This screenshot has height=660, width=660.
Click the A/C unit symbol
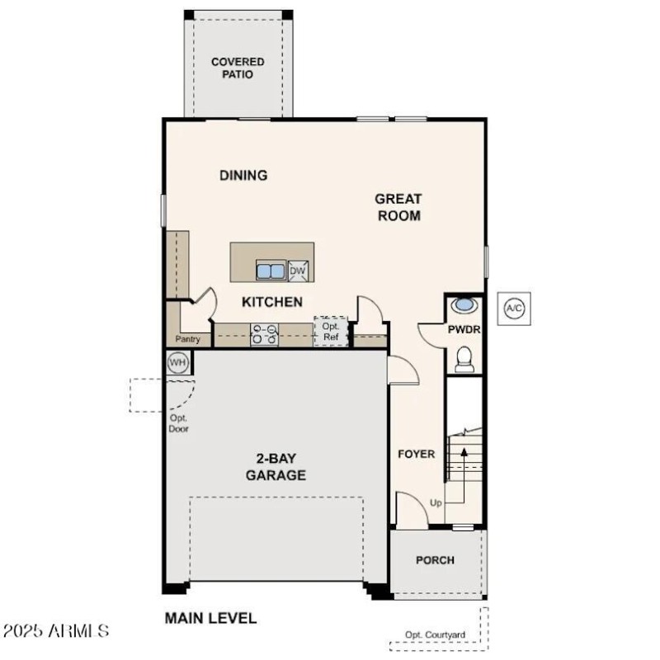click(514, 309)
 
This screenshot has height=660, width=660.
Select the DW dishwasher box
click(298, 271)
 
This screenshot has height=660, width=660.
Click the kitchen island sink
click(271, 270)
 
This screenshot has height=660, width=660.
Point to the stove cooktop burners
click(265, 333)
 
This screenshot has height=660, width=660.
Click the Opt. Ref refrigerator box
click(330, 331)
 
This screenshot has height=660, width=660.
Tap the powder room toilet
click(464, 359)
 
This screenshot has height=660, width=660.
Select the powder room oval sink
click(465, 304)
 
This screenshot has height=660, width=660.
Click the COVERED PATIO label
click(238, 68)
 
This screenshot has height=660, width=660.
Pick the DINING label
click(243, 175)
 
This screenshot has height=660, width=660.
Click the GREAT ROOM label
click(398, 207)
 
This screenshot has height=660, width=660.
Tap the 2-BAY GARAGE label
click(276, 467)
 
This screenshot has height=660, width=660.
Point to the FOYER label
click(417, 454)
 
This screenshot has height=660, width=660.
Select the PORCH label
click(435, 560)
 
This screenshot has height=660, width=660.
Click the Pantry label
click(187, 339)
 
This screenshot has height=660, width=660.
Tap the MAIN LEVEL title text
click(210, 618)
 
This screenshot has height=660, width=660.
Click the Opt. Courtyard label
click(435, 634)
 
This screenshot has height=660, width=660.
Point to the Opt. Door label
click(178, 423)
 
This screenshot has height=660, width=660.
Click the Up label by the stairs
click(436, 502)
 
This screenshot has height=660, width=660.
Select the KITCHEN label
click(271, 302)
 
